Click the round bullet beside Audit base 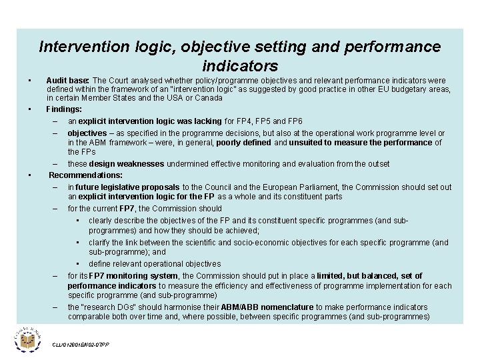[x=31, y=80]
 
